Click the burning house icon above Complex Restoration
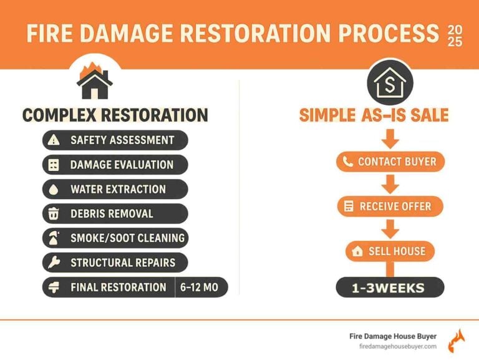pyautogui.click(x=94, y=79)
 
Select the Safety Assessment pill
pyautogui.click(x=115, y=140)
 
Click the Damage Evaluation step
pyautogui.click(x=115, y=165)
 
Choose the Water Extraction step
pyautogui.click(x=115, y=189)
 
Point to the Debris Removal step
pyautogui.click(x=115, y=213)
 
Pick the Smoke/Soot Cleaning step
pyautogui.click(x=115, y=238)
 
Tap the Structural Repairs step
pyautogui.click(x=115, y=262)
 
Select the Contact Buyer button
pyautogui.click(x=390, y=162)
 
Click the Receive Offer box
pyautogui.click(x=390, y=207)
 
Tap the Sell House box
pyautogui.click(x=390, y=251)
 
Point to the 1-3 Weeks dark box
pyautogui.click(x=390, y=288)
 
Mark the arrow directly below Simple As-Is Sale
pyautogui.click(x=390, y=138)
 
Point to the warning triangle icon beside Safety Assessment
pyautogui.click(x=54, y=140)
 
